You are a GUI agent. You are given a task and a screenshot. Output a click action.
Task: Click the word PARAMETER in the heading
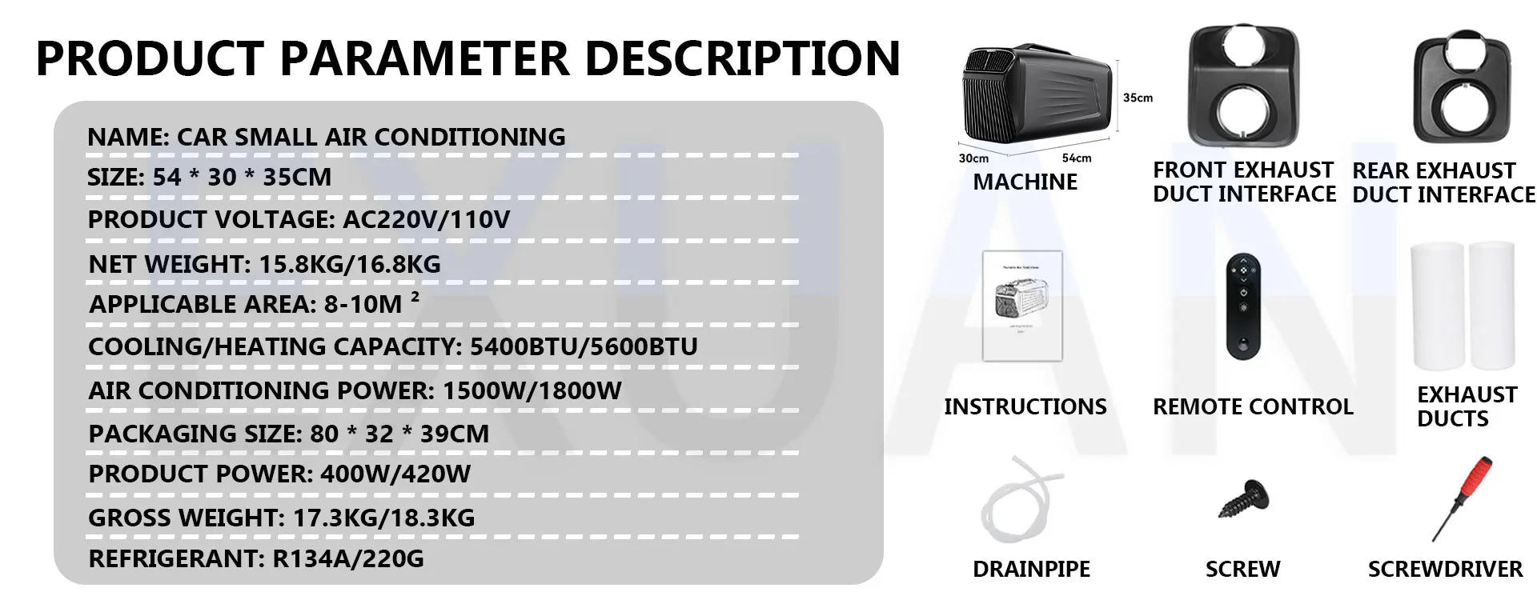click(425, 58)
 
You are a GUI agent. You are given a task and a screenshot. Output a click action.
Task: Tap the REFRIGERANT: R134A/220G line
click(256, 558)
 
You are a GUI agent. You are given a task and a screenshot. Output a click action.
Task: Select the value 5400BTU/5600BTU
click(584, 346)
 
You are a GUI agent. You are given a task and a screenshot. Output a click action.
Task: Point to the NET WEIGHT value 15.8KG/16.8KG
click(350, 264)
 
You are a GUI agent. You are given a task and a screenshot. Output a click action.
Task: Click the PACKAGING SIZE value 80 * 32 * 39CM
click(399, 434)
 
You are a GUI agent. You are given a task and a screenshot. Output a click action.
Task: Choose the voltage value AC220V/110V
click(426, 219)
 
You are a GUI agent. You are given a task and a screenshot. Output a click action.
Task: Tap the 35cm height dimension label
click(1138, 98)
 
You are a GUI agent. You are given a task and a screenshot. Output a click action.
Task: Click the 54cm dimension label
click(1077, 158)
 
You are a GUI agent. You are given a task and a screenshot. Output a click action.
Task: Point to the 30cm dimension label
click(973, 158)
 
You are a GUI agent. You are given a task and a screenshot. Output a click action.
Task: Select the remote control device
click(1243, 307)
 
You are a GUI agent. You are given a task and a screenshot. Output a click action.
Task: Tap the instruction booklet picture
click(1022, 306)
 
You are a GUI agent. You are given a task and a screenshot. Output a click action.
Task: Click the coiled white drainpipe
click(1014, 500)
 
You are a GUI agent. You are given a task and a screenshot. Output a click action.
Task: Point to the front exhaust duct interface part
click(1242, 86)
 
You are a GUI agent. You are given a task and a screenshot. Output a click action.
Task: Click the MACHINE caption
click(1025, 182)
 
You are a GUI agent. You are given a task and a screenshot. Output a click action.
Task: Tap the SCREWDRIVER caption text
click(1445, 569)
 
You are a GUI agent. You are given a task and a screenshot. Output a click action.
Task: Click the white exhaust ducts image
click(1463, 306)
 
